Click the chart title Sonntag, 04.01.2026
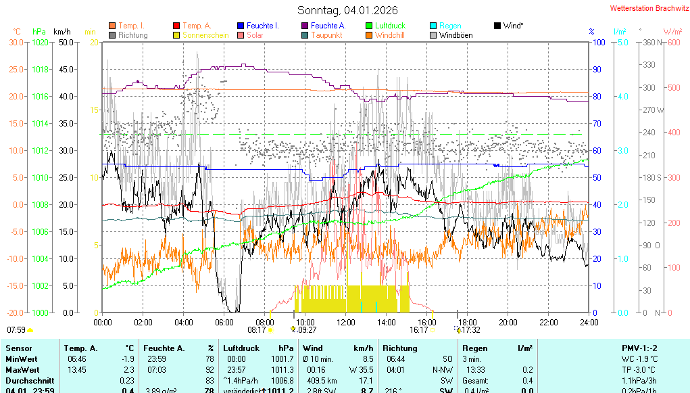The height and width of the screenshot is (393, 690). tap(347, 10)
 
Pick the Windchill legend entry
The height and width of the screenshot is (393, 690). tap(389, 35)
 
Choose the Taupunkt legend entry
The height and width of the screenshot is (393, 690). tap(326, 35)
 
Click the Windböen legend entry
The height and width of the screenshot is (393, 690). tap(455, 35)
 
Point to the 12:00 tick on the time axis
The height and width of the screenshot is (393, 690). tap(346, 322)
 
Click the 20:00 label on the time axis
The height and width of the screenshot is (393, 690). tap(508, 322)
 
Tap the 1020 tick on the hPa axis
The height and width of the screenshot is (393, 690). tap(41, 42)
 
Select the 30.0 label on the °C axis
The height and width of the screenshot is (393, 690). tap(16, 42)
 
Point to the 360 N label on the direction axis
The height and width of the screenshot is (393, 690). tap(649, 42)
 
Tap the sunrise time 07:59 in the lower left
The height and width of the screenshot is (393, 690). tap(16, 330)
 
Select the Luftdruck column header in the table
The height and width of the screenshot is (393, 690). tap(241, 348)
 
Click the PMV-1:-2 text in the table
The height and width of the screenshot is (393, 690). tap(639, 348)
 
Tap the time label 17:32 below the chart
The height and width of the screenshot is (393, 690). tap(470, 330)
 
